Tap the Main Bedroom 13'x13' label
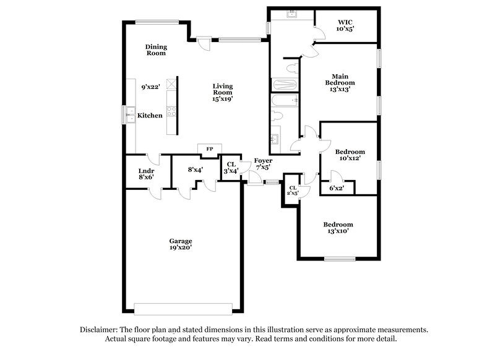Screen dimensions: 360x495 [x=340, y=82]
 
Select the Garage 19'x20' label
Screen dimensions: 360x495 [x=181, y=244]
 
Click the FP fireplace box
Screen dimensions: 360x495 [x=209, y=149]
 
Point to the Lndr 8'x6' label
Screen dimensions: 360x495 [x=146, y=173]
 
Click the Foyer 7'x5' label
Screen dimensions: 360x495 [x=263, y=163]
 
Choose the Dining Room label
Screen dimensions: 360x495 [x=156, y=49]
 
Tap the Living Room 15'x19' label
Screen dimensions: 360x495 [x=222, y=92]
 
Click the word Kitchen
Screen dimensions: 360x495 [x=150, y=116]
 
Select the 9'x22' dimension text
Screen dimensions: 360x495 [x=150, y=87]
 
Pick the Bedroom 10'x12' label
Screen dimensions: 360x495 [x=350, y=155]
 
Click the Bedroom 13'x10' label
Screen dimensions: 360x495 [x=338, y=228]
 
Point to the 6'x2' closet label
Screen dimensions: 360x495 [x=337, y=188]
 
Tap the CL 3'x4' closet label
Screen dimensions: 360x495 [x=230, y=167]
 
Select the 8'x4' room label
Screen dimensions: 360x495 [x=196, y=169]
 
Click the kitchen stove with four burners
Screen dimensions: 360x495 [x=171, y=112]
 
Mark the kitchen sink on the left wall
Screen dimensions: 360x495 [x=131, y=113]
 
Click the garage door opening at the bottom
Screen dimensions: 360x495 [x=183, y=309]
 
